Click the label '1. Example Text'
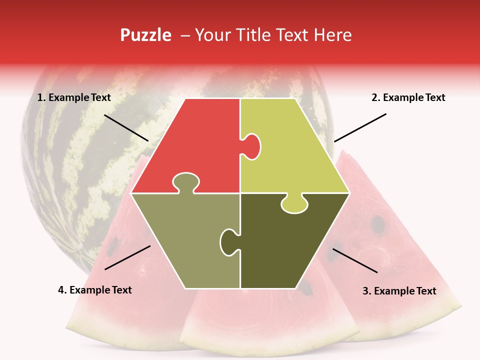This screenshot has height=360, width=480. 74,97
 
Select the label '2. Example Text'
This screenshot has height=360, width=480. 408,97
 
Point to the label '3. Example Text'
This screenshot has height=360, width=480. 399,291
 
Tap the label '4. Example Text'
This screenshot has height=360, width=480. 95,290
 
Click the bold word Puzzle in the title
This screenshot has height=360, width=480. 145,35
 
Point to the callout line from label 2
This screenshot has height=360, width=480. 360,127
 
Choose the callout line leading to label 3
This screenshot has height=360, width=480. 355,260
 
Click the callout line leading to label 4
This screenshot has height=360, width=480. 127,257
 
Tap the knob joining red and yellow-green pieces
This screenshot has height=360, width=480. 251,146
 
